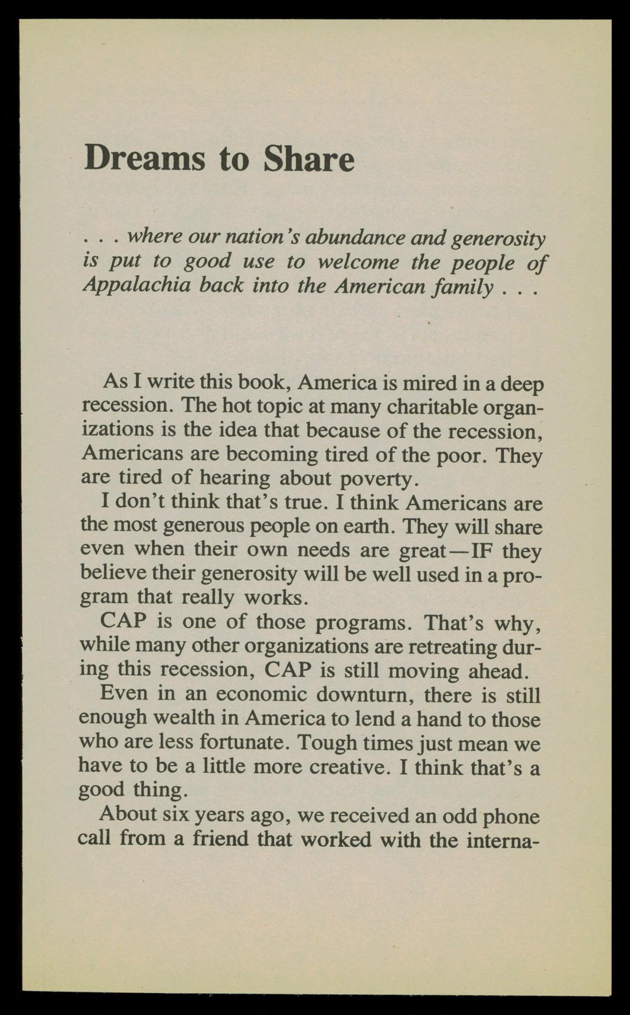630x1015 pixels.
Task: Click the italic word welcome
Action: coord(358,262)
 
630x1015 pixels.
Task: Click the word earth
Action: coord(375,527)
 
